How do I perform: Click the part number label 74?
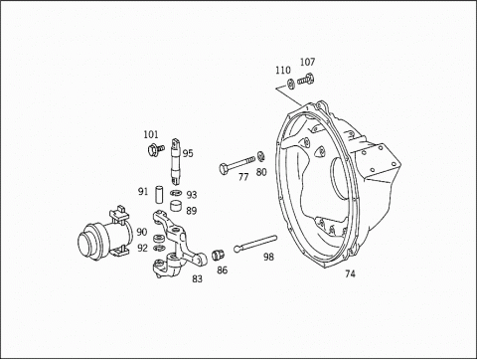coord(350,273)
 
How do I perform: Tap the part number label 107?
coord(307,62)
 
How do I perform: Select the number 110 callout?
coord(282,71)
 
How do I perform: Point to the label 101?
coord(151,134)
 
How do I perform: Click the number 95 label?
coord(188,153)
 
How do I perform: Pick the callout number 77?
coord(243,177)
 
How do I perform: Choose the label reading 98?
coord(268,257)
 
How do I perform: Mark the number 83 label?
coord(197,279)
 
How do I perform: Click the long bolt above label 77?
coord(237,164)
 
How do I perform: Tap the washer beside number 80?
coord(260,156)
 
